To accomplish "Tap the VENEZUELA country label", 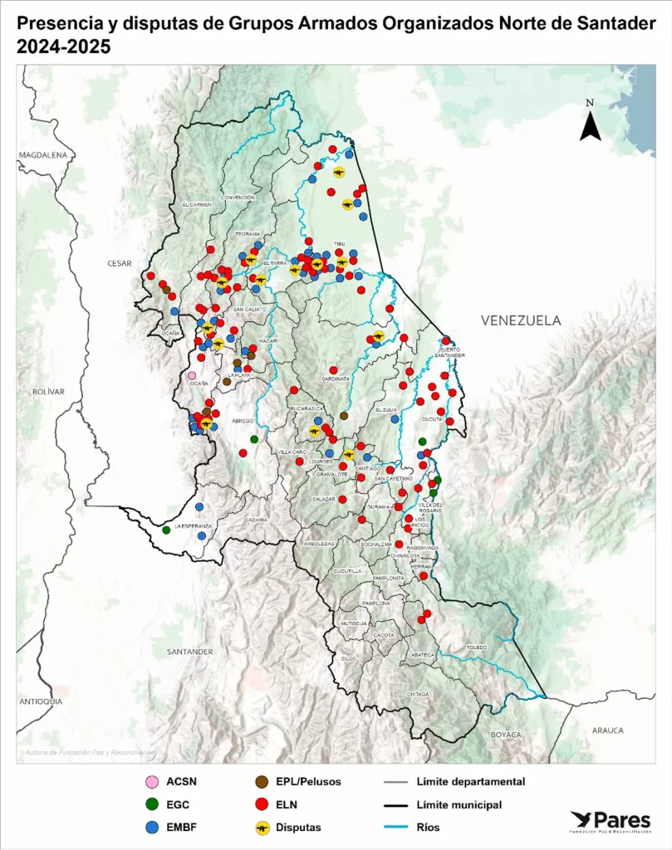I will [x=521, y=320].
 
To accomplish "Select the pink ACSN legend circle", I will [x=150, y=781].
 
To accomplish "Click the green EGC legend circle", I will [x=150, y=804].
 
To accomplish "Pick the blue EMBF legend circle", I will [x=150, y=827].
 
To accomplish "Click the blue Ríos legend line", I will [x=400, y=827].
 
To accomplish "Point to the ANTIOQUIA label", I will [x=41, y=701].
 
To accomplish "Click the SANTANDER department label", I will [x=189, y=652].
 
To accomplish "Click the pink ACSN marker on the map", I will [x=192, y=375].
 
